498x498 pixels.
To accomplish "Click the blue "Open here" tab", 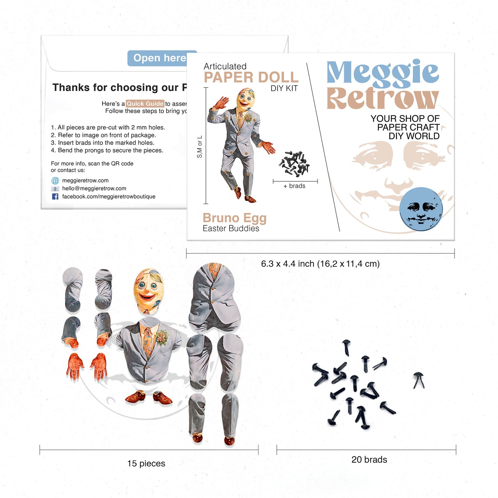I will [159, 58].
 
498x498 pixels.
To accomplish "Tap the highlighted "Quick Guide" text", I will [145, 103].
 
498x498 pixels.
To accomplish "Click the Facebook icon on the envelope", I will [55, 196].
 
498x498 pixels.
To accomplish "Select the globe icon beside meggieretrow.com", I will [55, 181].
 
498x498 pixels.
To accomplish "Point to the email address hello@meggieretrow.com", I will [94, 189].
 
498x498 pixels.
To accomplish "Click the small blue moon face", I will [421, 209].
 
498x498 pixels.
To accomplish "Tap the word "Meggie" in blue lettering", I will [382, 73].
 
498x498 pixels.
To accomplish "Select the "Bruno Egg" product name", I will [234, 218].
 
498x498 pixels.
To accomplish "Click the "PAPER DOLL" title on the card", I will [251, 77].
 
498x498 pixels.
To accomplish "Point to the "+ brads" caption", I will [294, 186].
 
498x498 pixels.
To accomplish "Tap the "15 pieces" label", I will [146, 464].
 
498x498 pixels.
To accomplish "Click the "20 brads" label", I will [369, 459].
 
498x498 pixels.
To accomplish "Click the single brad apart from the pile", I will [419, 380].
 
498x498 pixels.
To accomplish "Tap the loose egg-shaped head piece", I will [149, 289].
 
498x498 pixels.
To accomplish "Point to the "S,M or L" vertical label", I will [200, 147].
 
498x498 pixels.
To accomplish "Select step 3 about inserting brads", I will [103, 143].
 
